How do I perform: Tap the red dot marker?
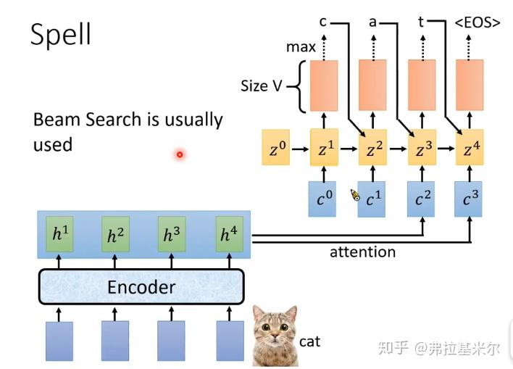tap(180, 154)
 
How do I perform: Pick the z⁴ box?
tap(470, 151)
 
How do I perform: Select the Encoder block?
tap(141, 287)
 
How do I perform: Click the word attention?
tap(362, 252)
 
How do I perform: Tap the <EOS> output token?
tap(477, 22)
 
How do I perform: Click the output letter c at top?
tap(323, 23)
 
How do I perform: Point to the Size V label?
tap(261, 86)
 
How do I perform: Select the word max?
tap(301, 47)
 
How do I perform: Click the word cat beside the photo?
tap(309, 341)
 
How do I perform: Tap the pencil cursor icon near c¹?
tap(355, 194)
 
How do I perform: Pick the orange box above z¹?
tap(324, 86)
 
